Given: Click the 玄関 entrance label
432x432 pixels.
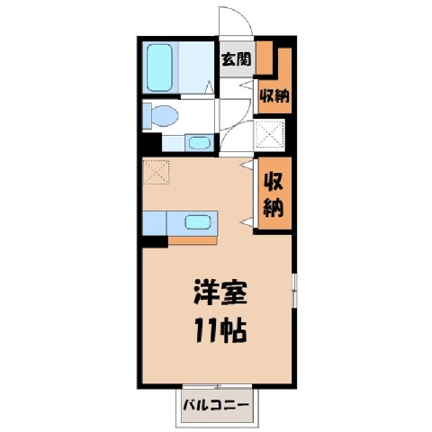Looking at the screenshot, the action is pyautogui.click(x=236, y=59).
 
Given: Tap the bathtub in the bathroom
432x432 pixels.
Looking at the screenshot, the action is pyautogui.click(x=159, y=67).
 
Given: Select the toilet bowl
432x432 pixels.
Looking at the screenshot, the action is pyautogui.click(x=165, y=115).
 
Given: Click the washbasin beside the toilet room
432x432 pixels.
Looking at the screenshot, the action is pyautogui.click(x=200, y=142).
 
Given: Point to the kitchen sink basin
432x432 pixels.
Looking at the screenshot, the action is pyautogui.click(x=198, y=222).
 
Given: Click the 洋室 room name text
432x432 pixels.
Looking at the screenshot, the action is pyautogui.click(x=220, y=292).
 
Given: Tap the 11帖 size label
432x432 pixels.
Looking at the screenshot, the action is pyautogui.click(x=220, y=331).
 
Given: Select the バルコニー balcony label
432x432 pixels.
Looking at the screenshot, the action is pyautogui.click(x=216, y=405).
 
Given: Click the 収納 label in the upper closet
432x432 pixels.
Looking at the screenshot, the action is pyautogui.click(x=274, y=96).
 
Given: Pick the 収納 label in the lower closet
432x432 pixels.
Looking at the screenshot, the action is pyautogui.click(x=274, y=195).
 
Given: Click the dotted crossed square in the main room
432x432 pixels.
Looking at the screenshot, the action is pyautogui.click(x=156, y=172).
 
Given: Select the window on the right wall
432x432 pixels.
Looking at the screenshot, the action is pyautogui.click(x=294, y=291).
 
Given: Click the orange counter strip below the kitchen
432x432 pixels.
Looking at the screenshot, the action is pyautogui.click(x=193, y=240).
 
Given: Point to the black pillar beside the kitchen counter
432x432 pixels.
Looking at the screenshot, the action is pyautogui.click(x=155, y=242).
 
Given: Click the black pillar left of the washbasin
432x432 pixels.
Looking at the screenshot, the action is pyautogui.click(x=152, y=143).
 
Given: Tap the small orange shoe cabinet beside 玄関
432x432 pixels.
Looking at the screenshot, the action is pyautogui.click(x=264, y=57).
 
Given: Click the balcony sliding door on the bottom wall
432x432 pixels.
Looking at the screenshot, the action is pyautogui.click(x=218, y=386).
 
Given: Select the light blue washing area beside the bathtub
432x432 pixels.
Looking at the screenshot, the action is pyautogui.click(x=196, y=67).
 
